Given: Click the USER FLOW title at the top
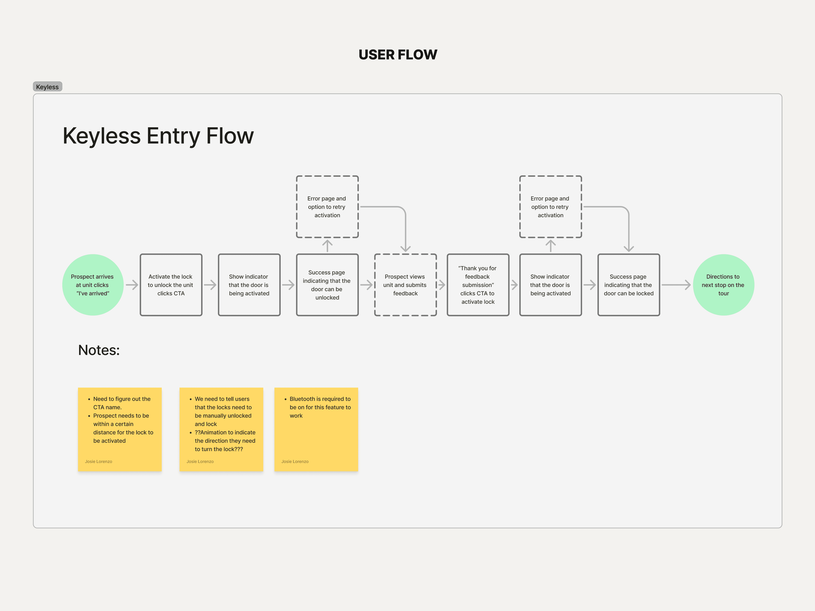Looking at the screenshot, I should point(398,54).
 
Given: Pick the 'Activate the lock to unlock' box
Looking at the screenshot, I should point(171,285).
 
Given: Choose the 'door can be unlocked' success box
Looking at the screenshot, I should point(327,285).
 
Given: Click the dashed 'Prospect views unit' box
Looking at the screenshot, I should point(405,285).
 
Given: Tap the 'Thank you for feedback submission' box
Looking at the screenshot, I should point(478,285).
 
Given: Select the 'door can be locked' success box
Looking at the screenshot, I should point(629,285).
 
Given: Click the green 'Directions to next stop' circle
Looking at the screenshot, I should point(723,285).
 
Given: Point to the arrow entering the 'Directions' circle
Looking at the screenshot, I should point(676,285).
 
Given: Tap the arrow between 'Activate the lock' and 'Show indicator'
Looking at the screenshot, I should point(210,285).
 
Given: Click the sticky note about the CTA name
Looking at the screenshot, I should point(120,429).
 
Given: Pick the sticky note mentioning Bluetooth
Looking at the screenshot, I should point(316,429).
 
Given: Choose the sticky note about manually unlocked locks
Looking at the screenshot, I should point(221,429).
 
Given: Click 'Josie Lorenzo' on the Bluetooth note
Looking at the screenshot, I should point(295,461).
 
